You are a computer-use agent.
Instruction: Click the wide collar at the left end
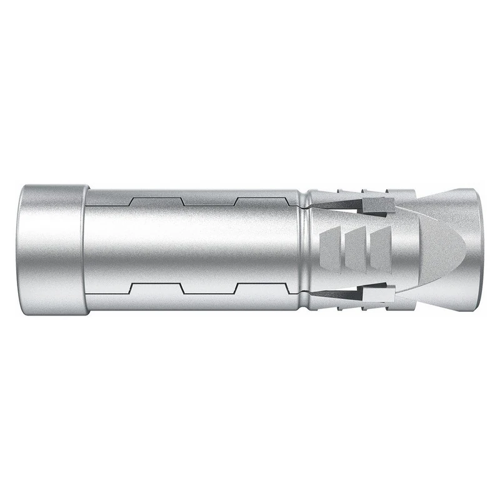(53, 250)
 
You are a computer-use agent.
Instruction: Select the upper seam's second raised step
(262, 200)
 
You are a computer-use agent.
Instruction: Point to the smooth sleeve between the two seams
(194, 244)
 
